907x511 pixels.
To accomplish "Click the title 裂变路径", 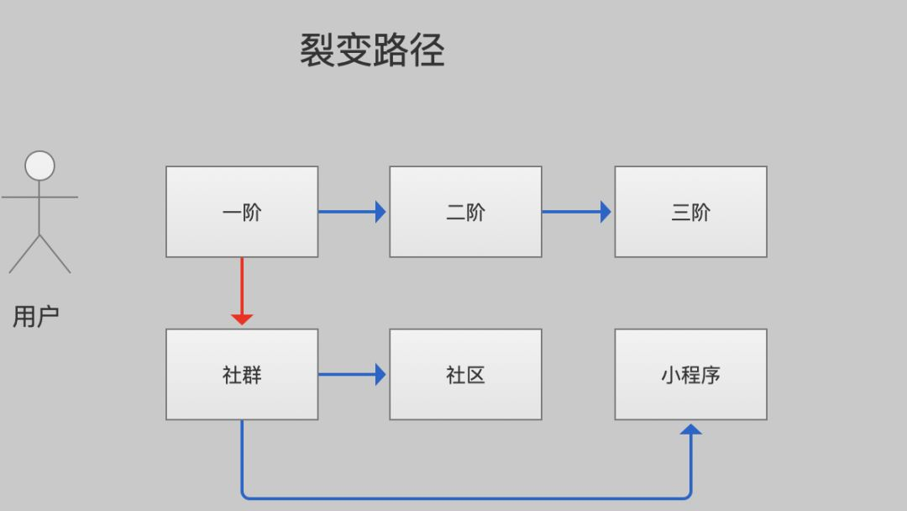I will click(372, 50).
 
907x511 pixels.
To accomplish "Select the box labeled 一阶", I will click(242, 212).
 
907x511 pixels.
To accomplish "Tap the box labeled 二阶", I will click(465, 212).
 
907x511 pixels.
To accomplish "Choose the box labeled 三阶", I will click(690, 212).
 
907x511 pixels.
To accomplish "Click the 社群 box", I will click(242, 374).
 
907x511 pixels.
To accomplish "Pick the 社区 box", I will click(465, 374).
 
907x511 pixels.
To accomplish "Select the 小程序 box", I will click(690, 374).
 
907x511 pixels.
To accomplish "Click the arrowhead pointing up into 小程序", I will click(690, 429).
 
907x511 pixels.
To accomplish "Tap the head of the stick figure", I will click(39, 166).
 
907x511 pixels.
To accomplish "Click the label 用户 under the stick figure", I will click(35, 317).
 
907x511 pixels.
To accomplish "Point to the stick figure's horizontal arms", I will click(39, 198).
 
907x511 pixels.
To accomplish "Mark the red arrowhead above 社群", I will click(242, 319).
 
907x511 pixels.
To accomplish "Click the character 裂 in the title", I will click(317, 50).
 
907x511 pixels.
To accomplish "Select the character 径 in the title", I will click(427, 50).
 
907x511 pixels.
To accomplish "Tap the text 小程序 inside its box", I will click(690, 375).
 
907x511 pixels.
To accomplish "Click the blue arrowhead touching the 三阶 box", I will click(606, 212).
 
